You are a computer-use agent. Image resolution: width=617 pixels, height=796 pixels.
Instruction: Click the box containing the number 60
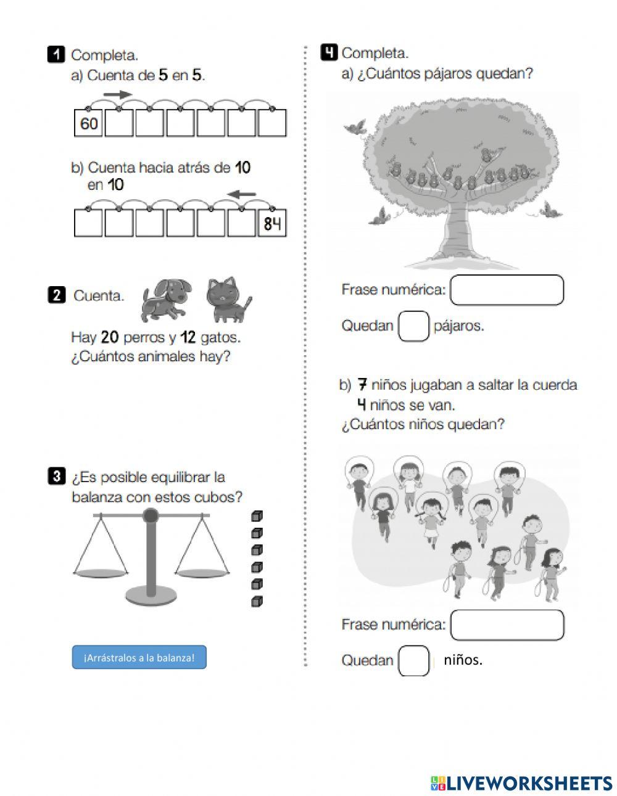(x=89, y=123)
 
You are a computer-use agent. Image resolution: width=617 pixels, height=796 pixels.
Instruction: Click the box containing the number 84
(x=272, y=223)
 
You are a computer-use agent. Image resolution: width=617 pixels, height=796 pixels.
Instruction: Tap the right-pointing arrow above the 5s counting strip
(x=117, y=94)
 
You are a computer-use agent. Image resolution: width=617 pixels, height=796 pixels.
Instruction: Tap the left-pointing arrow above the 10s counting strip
(x=242, y=195)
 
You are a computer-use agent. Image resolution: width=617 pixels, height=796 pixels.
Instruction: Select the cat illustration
(x=229, y=300)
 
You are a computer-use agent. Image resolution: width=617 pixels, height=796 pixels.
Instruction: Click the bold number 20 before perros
(x=109, y=337)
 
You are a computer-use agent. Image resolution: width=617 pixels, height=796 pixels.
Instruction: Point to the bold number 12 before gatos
(x=188, y=337)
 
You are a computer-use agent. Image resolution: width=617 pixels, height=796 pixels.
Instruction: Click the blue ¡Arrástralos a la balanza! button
(x=139, y=657)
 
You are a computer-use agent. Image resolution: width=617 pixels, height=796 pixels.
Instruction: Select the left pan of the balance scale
(x=101, y=573)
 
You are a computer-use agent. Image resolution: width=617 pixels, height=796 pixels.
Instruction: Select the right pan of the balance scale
(x=202, y=573)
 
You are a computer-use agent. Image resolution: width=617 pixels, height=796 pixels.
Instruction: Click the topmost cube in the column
(x=257, y=516)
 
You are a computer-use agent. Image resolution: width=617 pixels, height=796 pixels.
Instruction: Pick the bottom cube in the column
(x=257, y=601)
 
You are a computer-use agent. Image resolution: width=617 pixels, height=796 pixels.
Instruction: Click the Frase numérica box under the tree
(x=507, y=290)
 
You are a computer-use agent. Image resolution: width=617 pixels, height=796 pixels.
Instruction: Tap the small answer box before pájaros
(x=413, y=326)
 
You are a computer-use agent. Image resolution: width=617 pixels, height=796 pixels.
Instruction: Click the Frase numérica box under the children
(x=507, y=625)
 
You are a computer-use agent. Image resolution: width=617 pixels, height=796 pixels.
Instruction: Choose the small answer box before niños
(x=413, y=660)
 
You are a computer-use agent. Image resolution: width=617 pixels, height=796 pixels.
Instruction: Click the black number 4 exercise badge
(x=329, y=53)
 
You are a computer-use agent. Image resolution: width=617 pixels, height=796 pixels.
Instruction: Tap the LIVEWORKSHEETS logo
(x=522, y=783)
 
